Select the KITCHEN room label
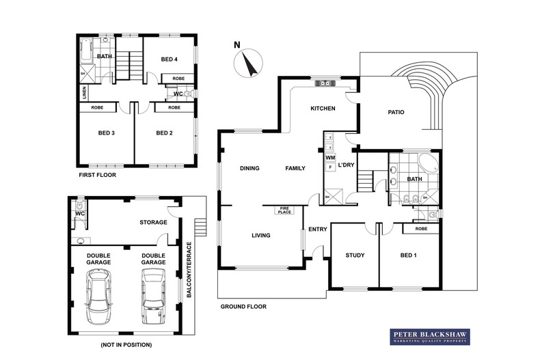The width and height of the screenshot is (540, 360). [323, 109]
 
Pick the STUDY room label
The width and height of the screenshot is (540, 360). [354, 255]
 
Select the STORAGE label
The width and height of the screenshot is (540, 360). [153, 221]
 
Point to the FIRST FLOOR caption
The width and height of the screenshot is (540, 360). [96, 175]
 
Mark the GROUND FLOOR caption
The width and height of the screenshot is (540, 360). [243, 307]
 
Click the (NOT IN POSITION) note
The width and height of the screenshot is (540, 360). [126, 344]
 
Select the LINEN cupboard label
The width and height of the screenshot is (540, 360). [84, 92]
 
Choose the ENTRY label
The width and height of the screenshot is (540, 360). [317, 229]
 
